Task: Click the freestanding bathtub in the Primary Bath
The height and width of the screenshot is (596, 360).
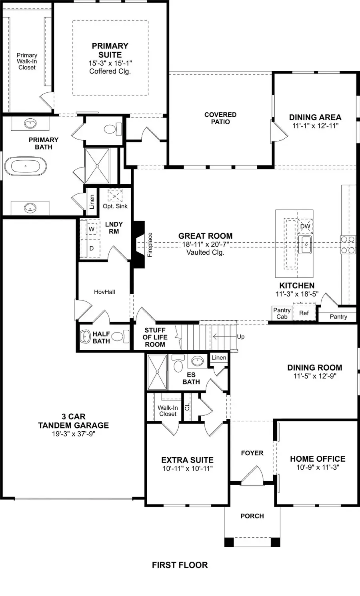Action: (26, 166)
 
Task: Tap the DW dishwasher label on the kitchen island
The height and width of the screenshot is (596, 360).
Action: (305, 226)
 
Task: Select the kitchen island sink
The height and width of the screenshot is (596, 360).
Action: (305, 244)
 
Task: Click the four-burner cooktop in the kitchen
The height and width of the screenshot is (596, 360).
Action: (348, 245)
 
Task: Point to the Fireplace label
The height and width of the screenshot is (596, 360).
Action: (150, 245)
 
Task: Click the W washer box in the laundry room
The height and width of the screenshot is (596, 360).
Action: (92, 229)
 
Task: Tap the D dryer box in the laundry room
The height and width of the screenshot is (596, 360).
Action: (92, 248)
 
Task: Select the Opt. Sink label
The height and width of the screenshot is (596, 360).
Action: (115, 206)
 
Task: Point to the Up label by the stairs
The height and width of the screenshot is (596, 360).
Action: (240, 337)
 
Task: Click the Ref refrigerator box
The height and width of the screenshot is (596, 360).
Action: (304, 313)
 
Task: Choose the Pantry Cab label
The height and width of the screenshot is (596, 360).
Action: (282, 313)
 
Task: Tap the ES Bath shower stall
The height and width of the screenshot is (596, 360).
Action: (157, 372)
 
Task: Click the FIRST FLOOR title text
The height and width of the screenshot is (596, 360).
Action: (180, 565)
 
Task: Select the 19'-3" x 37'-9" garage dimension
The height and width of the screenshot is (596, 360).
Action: (73, 433)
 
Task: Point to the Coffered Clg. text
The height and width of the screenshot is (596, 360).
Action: (110, 71)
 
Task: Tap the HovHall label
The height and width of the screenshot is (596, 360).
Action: (104, 292)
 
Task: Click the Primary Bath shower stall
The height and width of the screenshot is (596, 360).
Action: (97, 165)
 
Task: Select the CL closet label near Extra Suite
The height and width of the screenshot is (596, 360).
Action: (187, 407)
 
